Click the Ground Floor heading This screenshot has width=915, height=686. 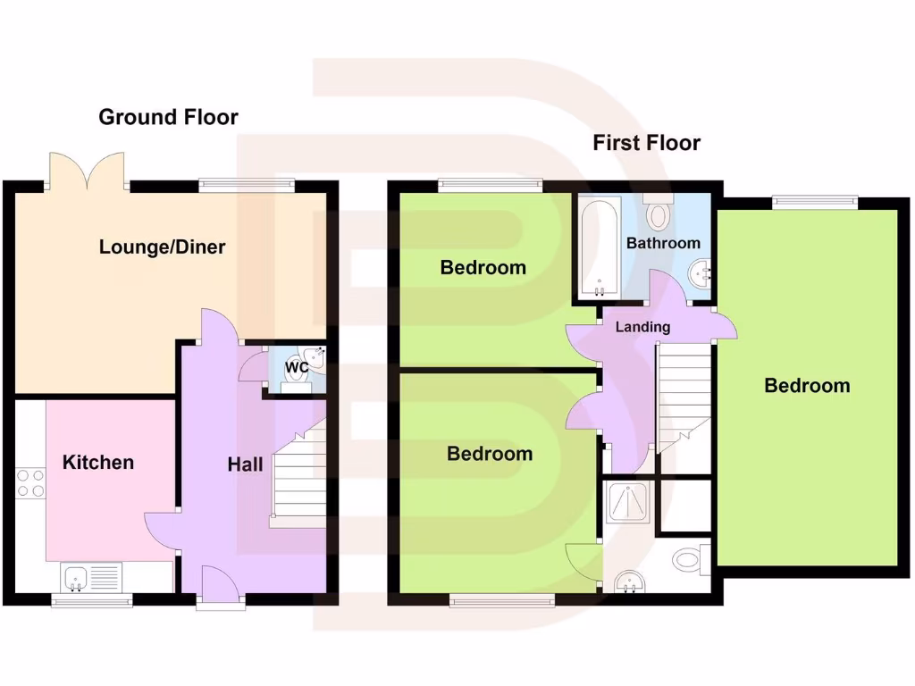point(168,117)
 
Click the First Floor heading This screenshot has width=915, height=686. point(646,143)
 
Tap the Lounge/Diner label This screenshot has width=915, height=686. point(162,247)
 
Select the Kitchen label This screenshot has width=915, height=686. point(98,463)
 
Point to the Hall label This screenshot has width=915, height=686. point(245,464)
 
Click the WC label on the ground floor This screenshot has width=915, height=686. point(296,367)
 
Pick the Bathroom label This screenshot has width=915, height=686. point(663,243)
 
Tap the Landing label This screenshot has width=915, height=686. point(642,327)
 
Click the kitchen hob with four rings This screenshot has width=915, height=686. point(30,482)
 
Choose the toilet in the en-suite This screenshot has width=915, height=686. point(691,560)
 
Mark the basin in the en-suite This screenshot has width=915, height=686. point(634,582)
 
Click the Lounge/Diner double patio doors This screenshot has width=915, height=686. point(86,171)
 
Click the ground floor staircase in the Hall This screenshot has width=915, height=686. point(298,478)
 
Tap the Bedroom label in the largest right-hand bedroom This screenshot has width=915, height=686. point(807,386)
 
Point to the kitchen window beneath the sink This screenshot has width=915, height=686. point(92,601)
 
